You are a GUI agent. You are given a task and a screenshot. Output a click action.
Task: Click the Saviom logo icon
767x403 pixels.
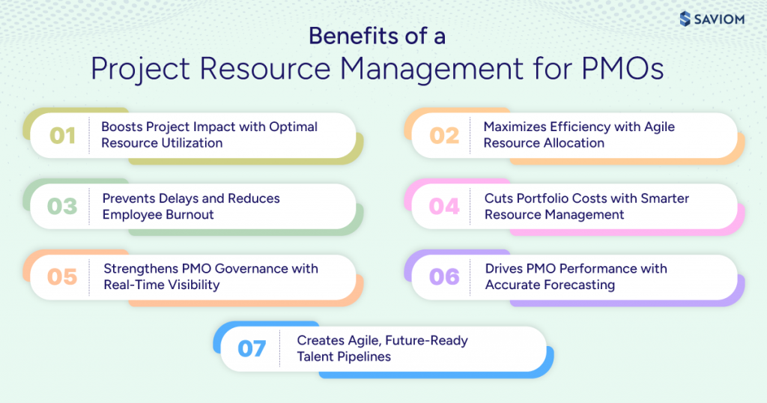685,19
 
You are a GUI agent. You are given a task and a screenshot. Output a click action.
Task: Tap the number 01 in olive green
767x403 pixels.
63,136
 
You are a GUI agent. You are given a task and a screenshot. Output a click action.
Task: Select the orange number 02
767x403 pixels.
444,136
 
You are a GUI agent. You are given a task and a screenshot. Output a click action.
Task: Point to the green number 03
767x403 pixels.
62,207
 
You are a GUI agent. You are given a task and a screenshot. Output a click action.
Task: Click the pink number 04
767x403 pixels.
444,207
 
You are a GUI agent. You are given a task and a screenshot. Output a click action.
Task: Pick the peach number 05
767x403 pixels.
62,277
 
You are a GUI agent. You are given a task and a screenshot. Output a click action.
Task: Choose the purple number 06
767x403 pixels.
444,277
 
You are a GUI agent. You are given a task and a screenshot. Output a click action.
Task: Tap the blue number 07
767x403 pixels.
252,349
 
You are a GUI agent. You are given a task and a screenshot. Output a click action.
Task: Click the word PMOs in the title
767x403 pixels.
622,68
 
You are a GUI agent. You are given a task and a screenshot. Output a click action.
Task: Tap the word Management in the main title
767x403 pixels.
431,69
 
